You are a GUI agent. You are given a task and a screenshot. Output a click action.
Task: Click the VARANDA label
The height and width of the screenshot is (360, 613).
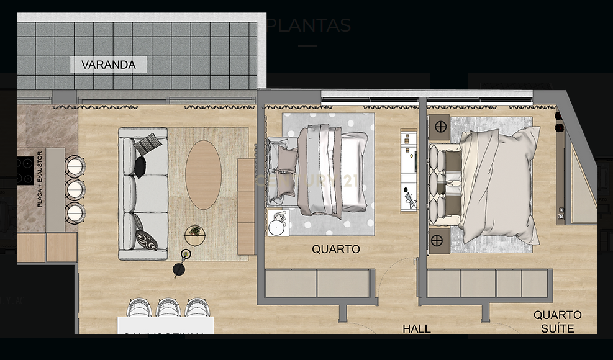point(108,65)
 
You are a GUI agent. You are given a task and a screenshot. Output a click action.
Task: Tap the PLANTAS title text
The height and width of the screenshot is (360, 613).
point(309,25)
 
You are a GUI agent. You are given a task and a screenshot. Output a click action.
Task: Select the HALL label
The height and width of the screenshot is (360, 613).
point(416,329)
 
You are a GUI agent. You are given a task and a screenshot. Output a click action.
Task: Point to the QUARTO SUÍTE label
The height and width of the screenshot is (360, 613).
point(557,322)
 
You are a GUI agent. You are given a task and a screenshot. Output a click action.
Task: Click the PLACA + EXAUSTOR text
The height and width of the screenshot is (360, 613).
point(40,179)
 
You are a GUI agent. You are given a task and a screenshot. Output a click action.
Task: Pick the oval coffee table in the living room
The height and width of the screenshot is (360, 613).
point(203,174)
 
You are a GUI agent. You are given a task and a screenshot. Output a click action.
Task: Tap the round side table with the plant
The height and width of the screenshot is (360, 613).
point(195,235)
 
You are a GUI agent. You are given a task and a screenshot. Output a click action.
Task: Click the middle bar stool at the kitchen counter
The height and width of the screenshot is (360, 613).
point(75,189)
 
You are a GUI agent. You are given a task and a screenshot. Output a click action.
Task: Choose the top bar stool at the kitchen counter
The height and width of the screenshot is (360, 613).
point(74,166)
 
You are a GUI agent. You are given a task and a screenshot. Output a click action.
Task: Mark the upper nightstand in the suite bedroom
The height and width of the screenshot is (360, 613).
point(440,127)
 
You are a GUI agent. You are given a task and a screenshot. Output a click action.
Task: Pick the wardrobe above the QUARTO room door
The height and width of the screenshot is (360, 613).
point(320,284)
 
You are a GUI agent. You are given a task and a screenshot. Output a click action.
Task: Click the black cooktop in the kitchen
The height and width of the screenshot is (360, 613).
point(25,171)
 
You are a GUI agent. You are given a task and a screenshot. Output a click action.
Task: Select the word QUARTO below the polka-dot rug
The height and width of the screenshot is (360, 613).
point(335,250)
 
